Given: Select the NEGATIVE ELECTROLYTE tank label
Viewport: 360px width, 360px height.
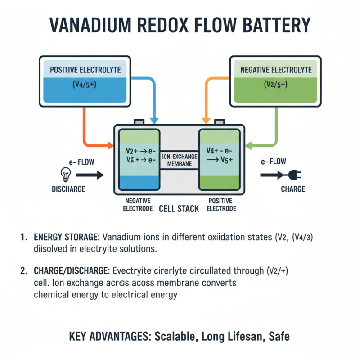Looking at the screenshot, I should point(276,70).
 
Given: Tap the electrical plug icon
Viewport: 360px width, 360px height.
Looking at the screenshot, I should point(294,175).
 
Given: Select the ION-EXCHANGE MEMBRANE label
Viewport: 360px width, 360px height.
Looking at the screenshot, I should point(180,159).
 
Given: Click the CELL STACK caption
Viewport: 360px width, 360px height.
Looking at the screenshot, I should point(179,209).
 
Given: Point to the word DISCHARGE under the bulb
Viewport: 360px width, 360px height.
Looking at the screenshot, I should point(68,189).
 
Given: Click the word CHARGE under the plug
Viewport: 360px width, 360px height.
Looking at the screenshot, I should point(292,189).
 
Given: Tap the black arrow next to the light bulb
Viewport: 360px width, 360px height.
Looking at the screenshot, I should point(93,175).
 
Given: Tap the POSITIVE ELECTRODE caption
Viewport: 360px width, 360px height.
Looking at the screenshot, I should point(220,205).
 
